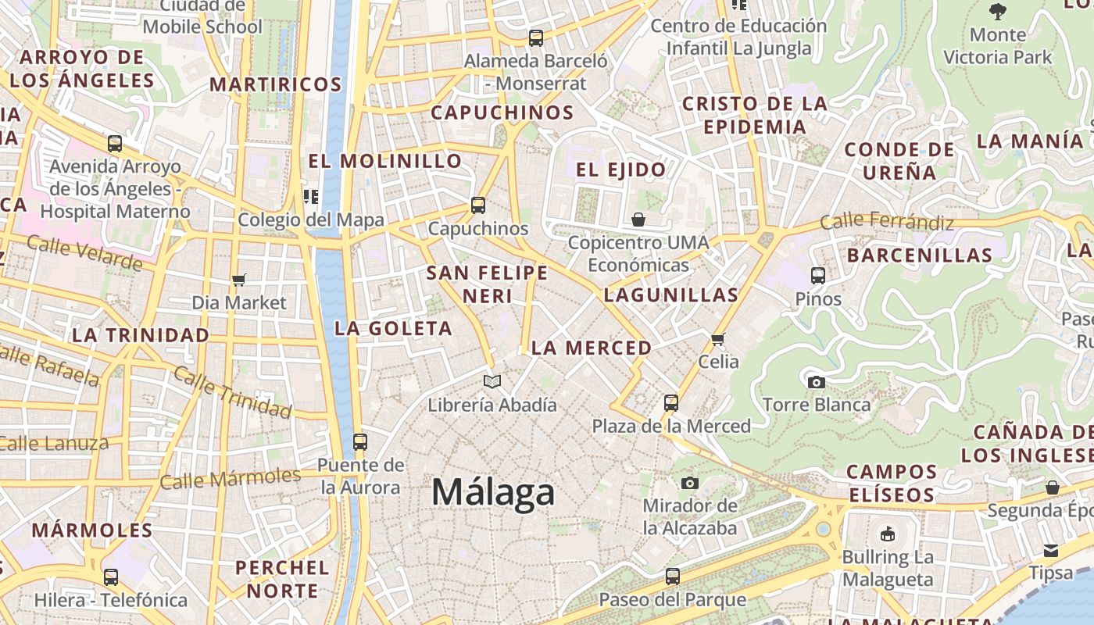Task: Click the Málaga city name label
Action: (493, 492)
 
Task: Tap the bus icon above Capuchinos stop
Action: (478, 205)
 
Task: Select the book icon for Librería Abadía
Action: (492, 382)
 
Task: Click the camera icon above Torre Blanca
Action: (816, 382)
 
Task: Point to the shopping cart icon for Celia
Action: (718, 339)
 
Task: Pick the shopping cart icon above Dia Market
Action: (239, 280)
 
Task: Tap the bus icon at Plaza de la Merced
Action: (671, 403)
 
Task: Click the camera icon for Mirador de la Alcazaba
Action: (689, 484)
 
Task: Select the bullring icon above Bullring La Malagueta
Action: (888, 534)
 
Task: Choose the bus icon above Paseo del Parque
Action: (673, 577)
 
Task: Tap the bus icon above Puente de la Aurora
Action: (360, 441)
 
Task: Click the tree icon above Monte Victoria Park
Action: (997, 11)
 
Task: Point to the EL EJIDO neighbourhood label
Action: (620, 170)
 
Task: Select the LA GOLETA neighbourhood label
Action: (393, 328)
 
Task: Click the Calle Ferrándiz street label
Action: (887, 223)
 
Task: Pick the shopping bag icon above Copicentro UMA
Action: (638, 220)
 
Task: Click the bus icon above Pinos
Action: (818, 276)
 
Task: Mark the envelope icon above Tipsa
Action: (1050, 550)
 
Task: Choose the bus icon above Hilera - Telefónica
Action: (111, 577)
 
